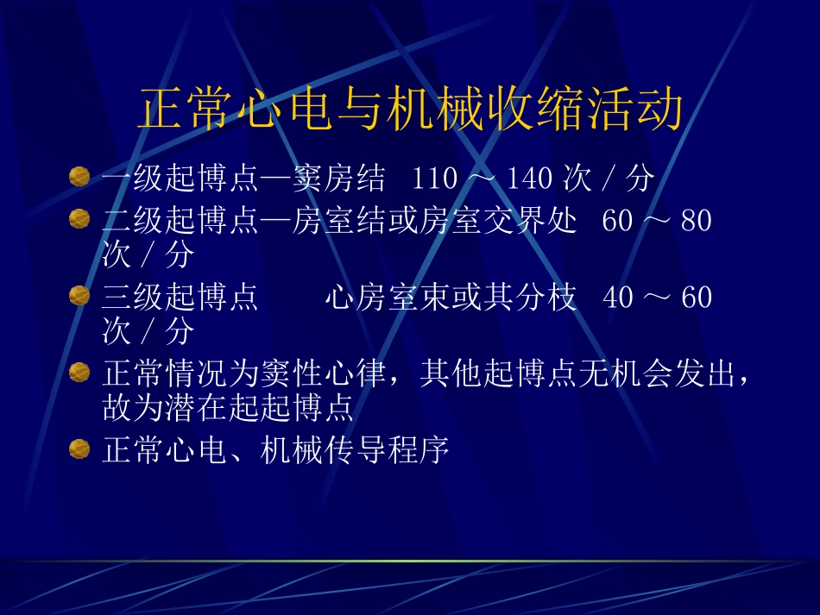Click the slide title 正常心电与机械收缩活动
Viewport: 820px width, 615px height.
[410, 111]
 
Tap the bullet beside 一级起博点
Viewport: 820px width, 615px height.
[79, 178]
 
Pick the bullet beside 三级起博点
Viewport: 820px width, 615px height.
[79, 296]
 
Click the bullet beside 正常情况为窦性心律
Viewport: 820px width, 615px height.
[79, 373]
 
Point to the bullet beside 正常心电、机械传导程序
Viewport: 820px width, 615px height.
[79, 449]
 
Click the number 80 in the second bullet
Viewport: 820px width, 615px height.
[696, 222]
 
